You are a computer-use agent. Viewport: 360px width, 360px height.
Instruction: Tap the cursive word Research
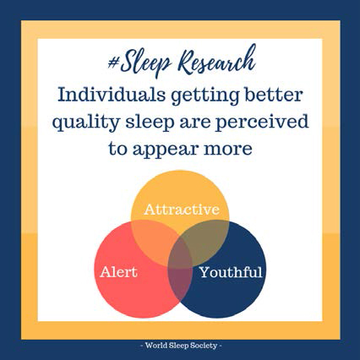coord(217,62)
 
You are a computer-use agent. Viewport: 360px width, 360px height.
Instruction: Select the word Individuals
coord(112,95)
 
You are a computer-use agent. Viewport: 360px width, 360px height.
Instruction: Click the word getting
coord(205,97)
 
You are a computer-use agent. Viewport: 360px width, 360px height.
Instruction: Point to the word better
coord(274,95)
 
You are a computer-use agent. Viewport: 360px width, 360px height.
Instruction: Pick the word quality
coord(86,123)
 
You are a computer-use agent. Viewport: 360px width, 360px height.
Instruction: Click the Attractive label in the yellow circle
coord(182,210)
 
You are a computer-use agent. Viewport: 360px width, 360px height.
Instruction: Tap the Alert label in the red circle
coord(118,272)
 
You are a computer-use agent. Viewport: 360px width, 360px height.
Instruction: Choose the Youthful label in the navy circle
coord(231,272)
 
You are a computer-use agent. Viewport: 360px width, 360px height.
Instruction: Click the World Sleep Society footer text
coord(181,346)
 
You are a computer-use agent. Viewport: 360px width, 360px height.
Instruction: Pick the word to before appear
coord(117,150)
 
